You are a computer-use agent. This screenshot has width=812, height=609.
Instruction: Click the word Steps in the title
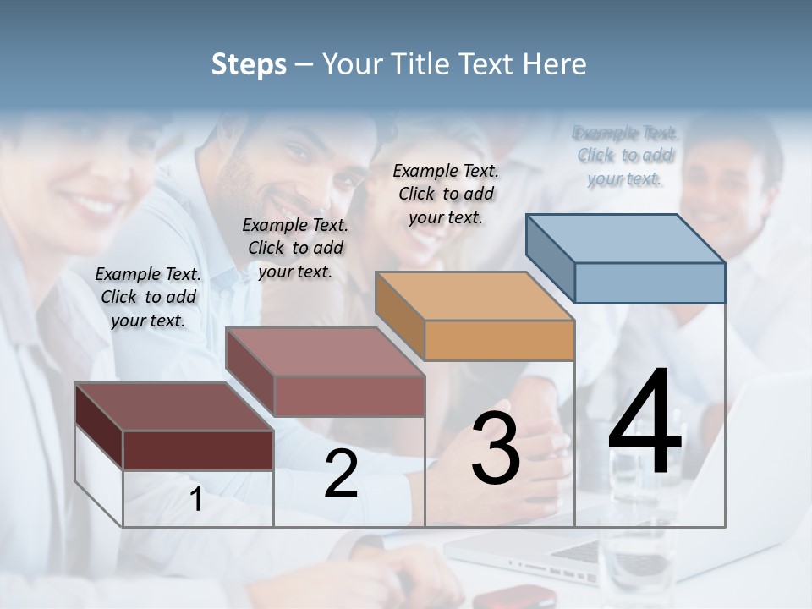pos(249,64)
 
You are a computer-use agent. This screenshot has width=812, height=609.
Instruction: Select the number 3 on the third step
pos(496,449)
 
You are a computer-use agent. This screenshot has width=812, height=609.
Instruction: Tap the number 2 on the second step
pos(341,475)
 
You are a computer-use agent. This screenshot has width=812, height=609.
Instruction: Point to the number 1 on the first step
pos(196,500)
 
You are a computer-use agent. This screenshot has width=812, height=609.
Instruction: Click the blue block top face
pos(626,238)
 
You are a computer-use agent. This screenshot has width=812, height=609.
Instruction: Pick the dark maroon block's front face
pos(198,450)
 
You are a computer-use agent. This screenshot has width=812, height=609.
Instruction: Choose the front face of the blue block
pos(650,283)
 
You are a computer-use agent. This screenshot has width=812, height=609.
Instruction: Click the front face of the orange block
pos(499,340)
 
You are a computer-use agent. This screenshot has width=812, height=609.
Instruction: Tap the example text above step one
pos(148,297)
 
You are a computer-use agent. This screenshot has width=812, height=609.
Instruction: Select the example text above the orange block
pos(446,194)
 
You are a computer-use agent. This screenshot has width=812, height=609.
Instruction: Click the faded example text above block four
pos(625,156)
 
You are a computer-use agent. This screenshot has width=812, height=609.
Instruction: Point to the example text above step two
pos(295,248)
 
